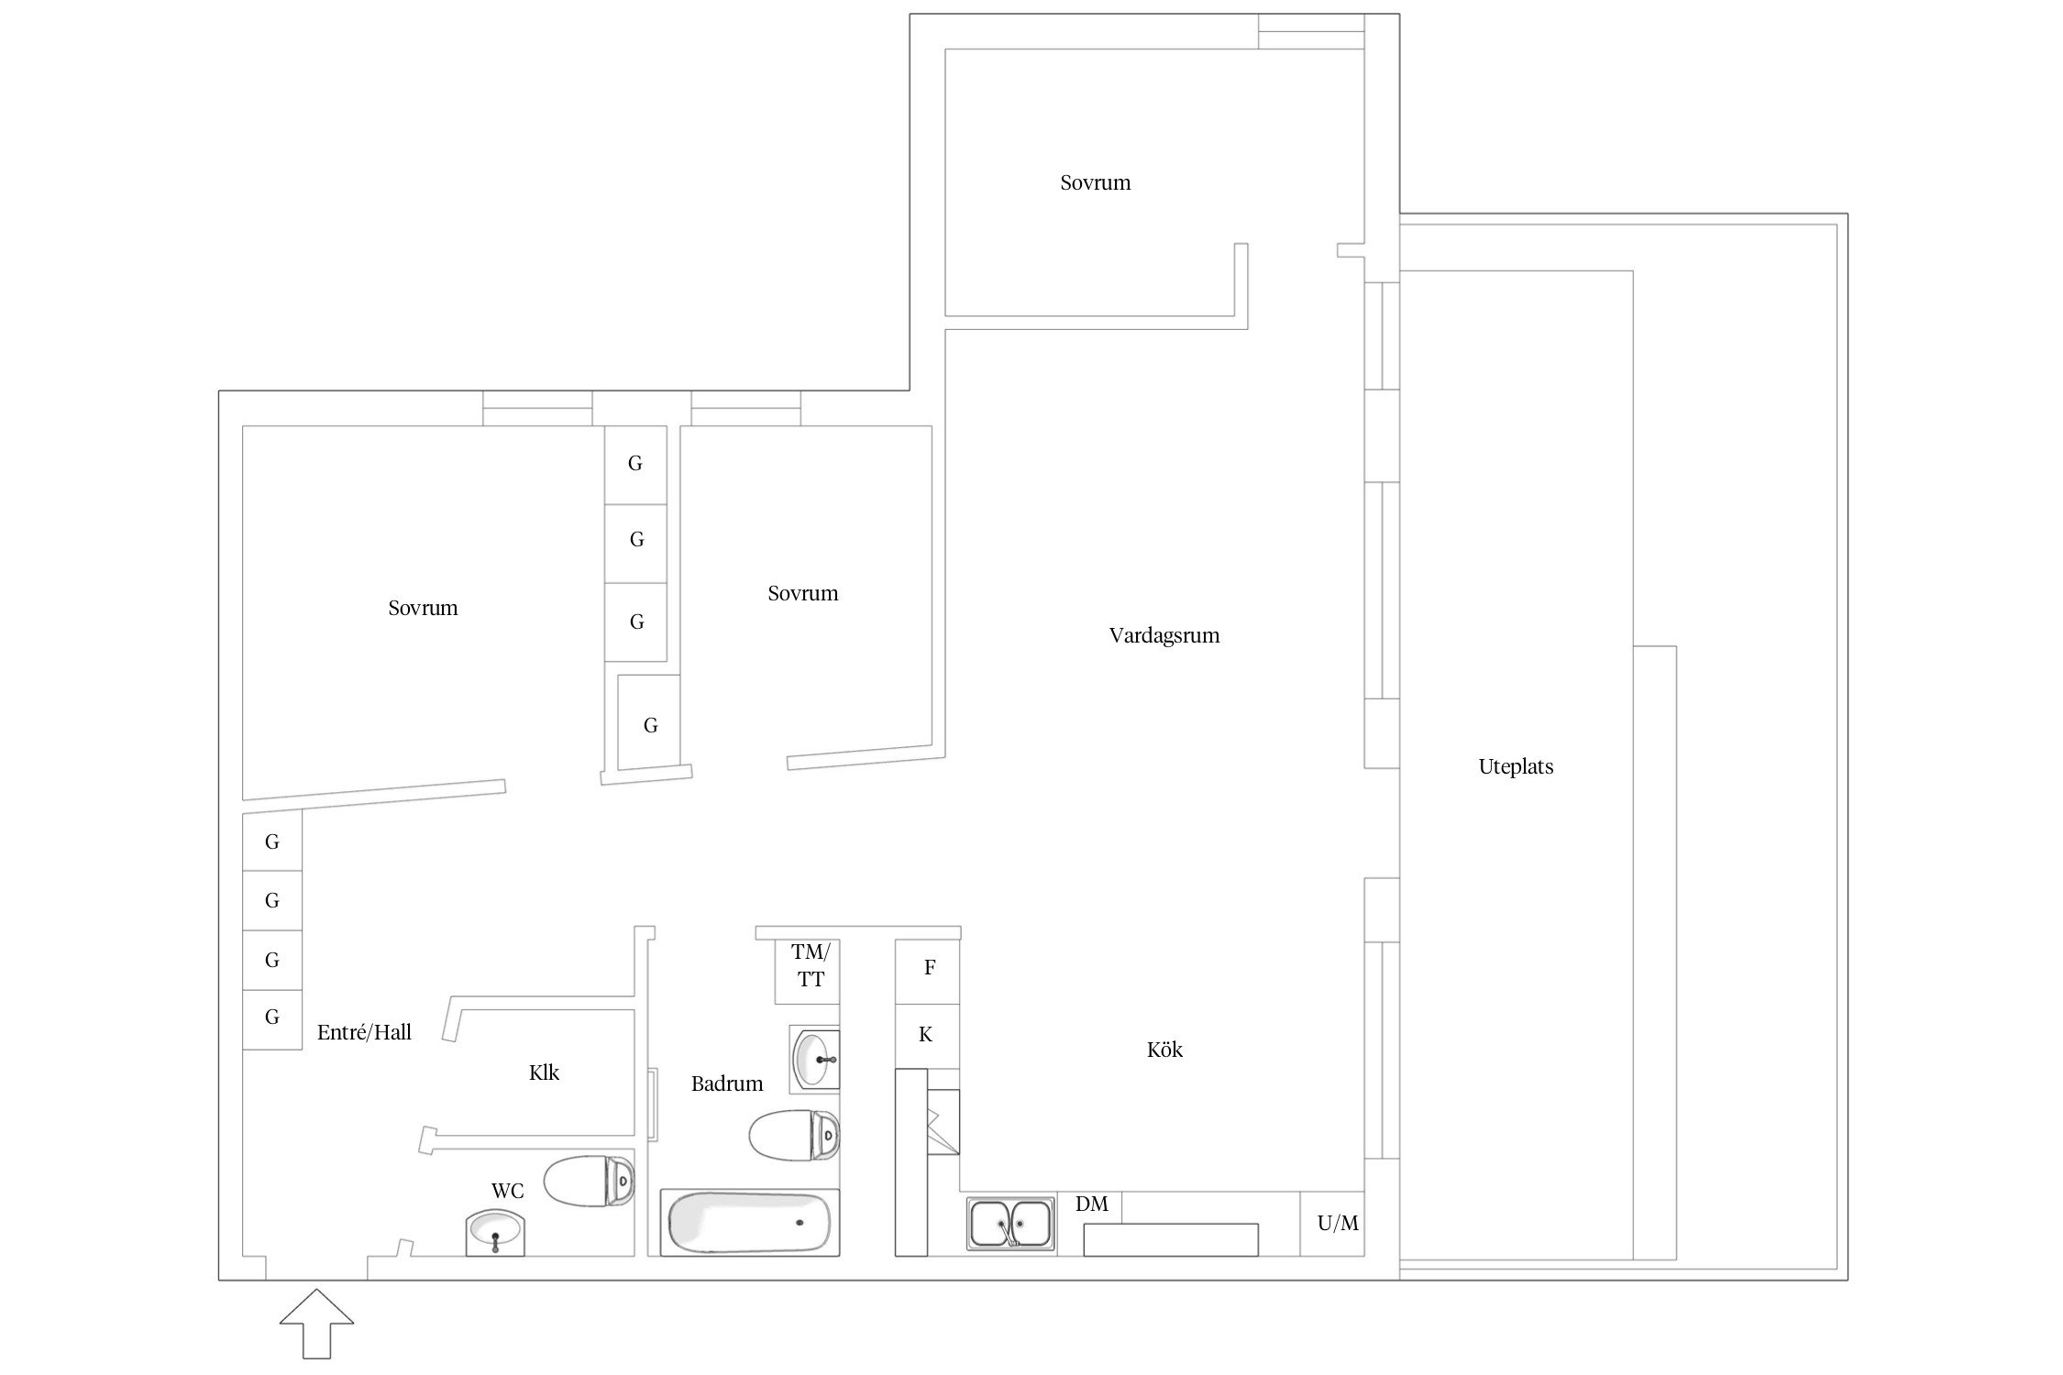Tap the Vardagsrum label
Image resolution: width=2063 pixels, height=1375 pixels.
[1164, 635]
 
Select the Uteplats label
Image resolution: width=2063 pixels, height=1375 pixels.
[1516, 767]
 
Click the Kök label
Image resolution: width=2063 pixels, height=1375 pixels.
[1164, 1050]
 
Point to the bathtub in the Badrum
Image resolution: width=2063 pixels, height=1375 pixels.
[750, 1223]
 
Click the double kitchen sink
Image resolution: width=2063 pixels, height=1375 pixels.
[1010, 1224]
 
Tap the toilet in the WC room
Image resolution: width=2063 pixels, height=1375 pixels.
[589, 1181]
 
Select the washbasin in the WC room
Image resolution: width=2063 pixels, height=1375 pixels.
[495, 1233]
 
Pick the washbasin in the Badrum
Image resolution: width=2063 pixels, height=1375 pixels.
[815, 1059]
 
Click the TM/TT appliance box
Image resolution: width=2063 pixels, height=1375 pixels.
[808, 972]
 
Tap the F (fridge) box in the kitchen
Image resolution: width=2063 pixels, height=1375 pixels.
[928, 972]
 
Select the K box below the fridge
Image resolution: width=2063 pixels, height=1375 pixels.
[928, 1036]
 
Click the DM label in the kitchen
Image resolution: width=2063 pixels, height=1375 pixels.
[1091, 1204]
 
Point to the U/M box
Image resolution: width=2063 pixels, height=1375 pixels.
[1332, 1224]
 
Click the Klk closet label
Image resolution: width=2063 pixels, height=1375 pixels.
[544, 1072]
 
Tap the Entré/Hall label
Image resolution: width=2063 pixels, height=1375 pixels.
[364, 1032]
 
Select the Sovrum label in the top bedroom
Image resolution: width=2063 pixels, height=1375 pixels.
[1096, 182]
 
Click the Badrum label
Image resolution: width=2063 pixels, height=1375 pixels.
[727, 1083]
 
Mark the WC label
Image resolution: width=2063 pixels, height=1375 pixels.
[508, 1191]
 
